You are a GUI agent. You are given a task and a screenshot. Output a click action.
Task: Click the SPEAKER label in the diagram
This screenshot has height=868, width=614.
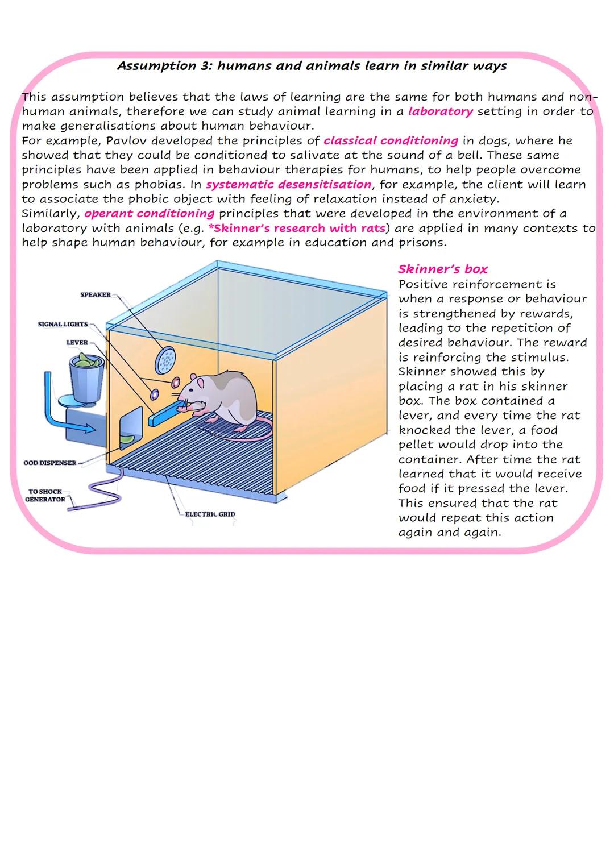[x=96, y=294]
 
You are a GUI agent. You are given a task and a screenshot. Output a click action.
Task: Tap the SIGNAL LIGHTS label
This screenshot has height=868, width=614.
[x=63, y=324]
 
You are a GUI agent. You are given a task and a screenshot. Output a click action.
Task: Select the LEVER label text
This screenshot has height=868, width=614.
[x=77, y=343]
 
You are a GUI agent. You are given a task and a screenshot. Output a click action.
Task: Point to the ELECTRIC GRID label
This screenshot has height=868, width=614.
[x=210, y=514]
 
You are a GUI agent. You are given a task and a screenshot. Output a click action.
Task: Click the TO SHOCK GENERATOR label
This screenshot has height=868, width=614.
[x=45, y=495]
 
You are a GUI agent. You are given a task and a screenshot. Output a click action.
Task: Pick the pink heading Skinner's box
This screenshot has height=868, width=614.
[x=442, y=269]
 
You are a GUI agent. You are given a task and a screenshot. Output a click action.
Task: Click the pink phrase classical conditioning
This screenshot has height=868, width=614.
[x=391, y=140]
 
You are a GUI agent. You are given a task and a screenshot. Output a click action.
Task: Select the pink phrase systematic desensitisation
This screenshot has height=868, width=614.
[x=288, y=184]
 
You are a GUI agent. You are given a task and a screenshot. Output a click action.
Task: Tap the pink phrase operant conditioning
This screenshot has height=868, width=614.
[x=150, y=213]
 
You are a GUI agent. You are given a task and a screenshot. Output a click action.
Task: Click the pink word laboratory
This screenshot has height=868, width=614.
[x=440, y=111]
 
